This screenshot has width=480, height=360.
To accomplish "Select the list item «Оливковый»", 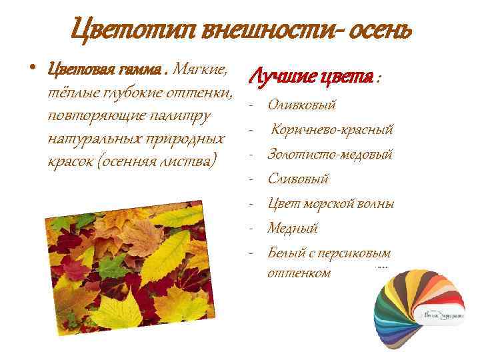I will pyautogui.click(x=301, y=105).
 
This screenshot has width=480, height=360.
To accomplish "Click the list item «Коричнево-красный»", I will pyautogui.click(x=331, y=129).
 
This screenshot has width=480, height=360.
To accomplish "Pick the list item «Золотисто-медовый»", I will pyautogui.click(x=329, y=154).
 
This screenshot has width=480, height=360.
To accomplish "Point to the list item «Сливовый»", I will pyautogui.click(x=298, y=179).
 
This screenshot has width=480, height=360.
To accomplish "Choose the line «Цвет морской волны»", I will pyautogui.click(x=330, y=203).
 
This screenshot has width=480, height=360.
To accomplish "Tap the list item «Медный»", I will pyautogui.click(x=293, y=228).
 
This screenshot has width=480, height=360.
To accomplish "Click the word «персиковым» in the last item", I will pyautogui.click(x=361, y=253).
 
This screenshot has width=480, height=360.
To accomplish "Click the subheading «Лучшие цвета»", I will pyautogui.click(x=311, y=79).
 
